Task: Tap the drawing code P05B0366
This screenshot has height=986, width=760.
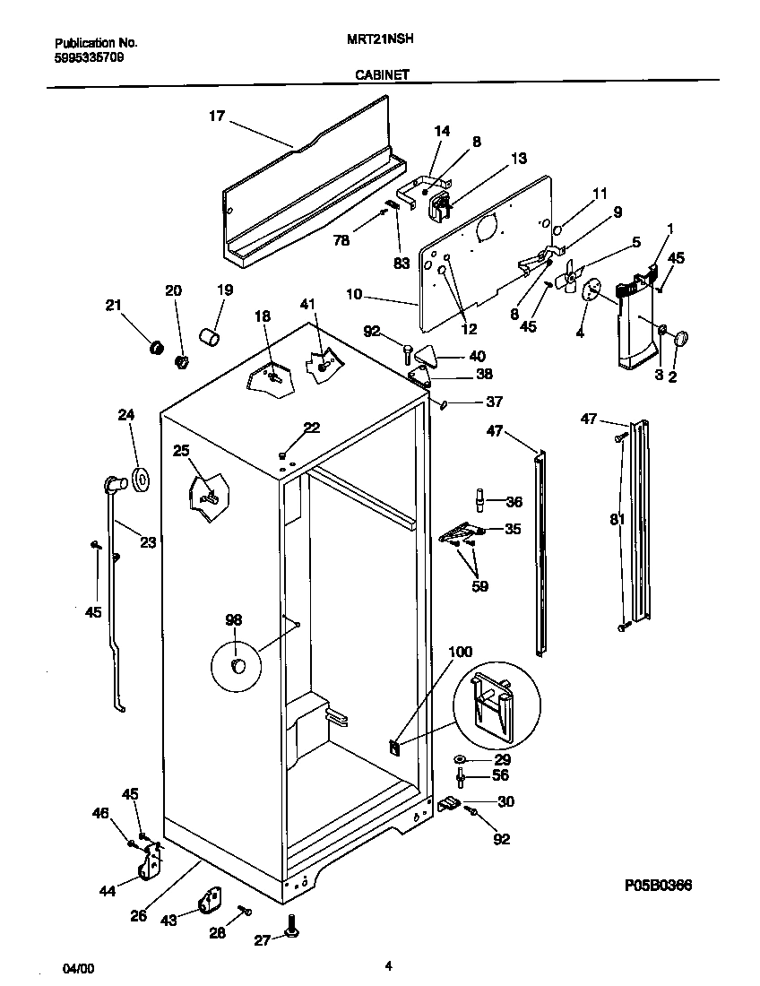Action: click(658, 885)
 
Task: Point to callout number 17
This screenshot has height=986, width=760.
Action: click(216, 115)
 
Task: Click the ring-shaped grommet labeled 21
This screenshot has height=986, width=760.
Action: click(155, 346)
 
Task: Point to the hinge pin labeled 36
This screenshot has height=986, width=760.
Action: click(480, 498)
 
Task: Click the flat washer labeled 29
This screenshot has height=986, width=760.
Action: click(460, 760)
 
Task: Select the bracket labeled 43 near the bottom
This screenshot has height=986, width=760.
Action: click(212, 901)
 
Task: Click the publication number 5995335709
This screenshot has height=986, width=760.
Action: click(89, 56)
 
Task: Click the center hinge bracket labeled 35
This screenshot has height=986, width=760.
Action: click(462, 532)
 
